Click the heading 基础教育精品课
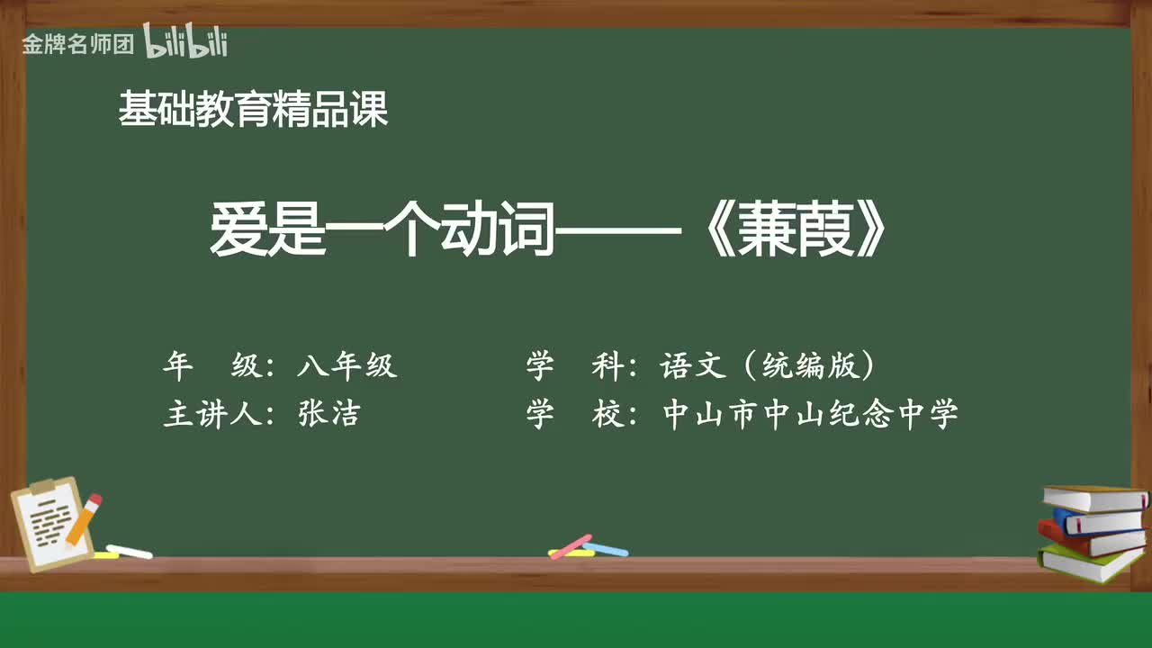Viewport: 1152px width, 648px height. coord(253,111)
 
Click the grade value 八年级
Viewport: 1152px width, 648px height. coord(346,366)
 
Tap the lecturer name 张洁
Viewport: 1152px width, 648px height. coord(328,414)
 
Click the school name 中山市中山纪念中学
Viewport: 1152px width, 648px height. coord(810,414)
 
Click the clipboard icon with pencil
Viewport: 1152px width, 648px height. coord(52,524)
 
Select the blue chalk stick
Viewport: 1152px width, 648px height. coord(607,548)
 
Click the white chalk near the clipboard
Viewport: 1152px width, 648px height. coord(130,552)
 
